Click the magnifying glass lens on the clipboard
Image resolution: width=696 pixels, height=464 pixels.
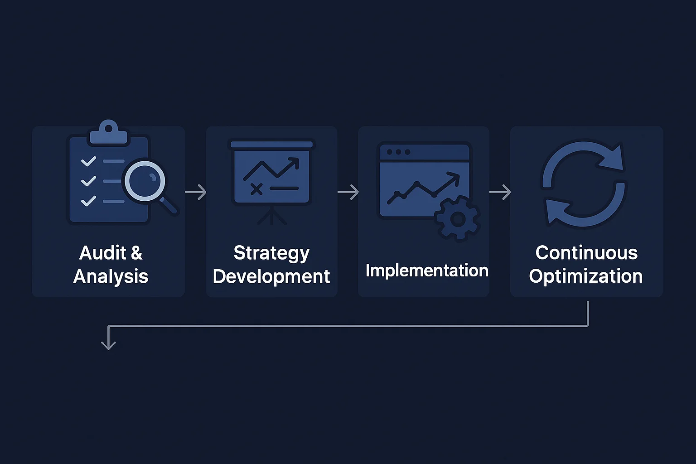pos(145,181)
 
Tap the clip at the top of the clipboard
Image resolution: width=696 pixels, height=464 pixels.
pos(109,132)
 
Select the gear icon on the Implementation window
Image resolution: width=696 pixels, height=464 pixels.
pos(457,218)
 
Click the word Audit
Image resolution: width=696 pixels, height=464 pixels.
pos(103,253)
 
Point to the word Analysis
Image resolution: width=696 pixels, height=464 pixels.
pos(111,276)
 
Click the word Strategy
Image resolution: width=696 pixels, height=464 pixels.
pos(271,253)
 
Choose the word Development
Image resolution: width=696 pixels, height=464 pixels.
pos(271,276)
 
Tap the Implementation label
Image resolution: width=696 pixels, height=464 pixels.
pos(427,271)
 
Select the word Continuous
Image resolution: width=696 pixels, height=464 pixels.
pos(586,253)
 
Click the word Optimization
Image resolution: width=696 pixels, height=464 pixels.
pos(586,276)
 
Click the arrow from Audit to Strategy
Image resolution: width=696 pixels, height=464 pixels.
pos(196,192)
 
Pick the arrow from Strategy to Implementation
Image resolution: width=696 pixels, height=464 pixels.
pos(348,192)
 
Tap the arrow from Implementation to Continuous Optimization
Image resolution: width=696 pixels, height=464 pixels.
pos(500,192)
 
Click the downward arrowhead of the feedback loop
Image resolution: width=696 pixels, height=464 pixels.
pos(108,344)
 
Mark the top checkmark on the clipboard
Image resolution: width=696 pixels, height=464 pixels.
pos(88,161)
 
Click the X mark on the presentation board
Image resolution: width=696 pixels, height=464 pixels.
pos(256,189)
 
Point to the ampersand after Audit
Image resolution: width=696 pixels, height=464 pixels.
pos(136,253)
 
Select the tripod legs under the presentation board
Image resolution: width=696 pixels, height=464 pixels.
pos(272,217)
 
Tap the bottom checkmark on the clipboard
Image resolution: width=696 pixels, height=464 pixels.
pos(88,201)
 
